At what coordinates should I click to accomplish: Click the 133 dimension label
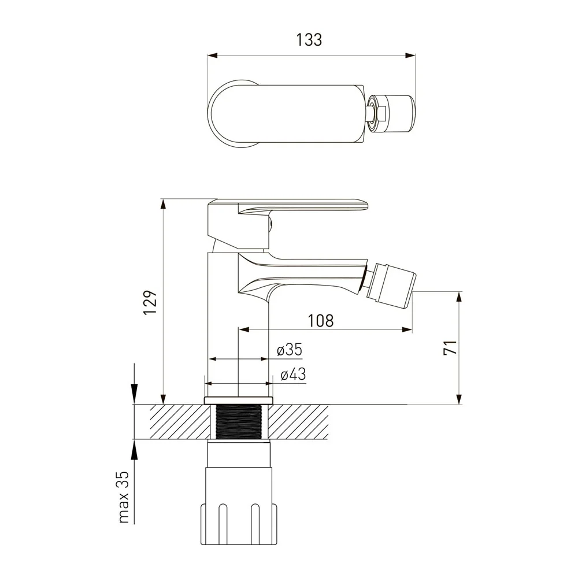(309, 40)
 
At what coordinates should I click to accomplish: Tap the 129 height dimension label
(150, 302)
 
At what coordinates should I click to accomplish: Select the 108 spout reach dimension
(321, 321)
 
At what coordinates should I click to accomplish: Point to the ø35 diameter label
(290, 350)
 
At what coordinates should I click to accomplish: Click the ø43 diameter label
(293, 375)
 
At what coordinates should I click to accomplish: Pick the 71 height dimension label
(450, 347)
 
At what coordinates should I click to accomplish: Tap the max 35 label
(124, 497)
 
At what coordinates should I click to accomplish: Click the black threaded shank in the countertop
(239, 422)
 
